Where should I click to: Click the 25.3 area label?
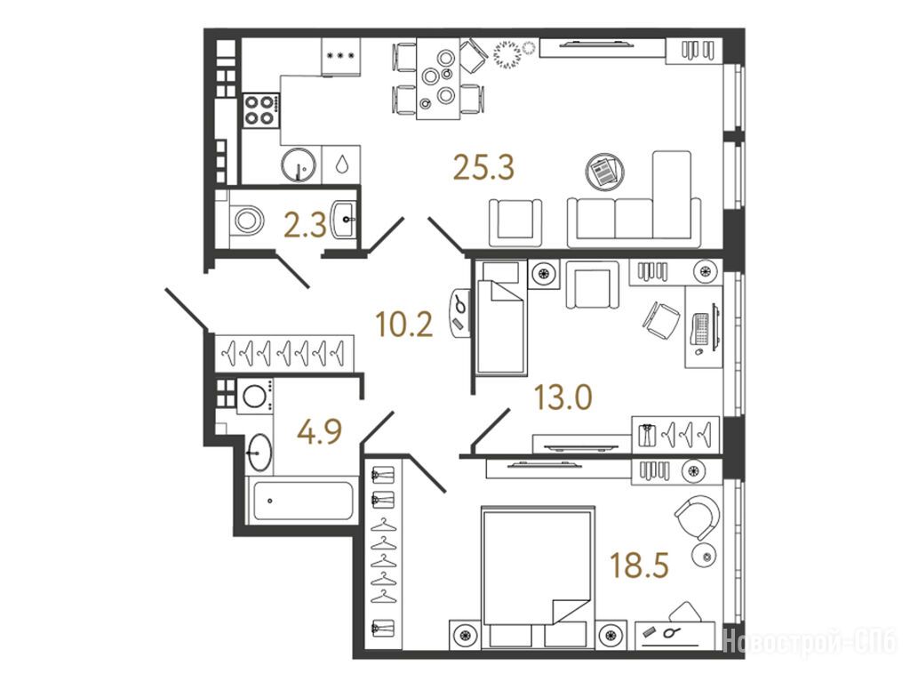[483, 168]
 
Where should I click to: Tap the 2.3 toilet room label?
[305, 225]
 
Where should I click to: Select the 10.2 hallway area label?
[404, 325]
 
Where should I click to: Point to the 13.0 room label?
[563, 397]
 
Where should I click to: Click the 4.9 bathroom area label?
[320, 431]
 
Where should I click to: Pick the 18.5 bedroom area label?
[640, 565]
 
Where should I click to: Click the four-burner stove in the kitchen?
[261, 110]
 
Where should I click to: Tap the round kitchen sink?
[299, 164]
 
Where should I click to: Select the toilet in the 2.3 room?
[246, 220]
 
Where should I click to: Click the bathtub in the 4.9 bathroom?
[300, 501]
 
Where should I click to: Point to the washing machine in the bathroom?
[255, 396]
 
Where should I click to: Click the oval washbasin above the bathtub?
[259, 452]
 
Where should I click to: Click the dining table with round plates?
[438, 79]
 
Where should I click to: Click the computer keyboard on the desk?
[701, 329]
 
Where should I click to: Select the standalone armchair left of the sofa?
[515, 222]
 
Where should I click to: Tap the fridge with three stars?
[340, 57]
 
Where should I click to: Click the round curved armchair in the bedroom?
[698, 518]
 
